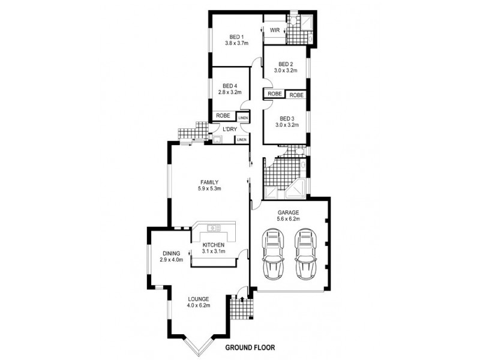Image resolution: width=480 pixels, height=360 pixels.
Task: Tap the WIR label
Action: point(275,31)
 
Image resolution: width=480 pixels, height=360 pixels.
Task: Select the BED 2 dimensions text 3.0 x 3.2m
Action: point(286,70)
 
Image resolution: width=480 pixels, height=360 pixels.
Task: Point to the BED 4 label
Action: point(230,86)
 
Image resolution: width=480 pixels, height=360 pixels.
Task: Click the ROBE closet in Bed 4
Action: point(224,116)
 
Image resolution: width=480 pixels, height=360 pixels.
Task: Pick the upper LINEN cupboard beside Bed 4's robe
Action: point(243,118)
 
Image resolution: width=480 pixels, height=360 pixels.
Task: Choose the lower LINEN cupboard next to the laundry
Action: point(242,140)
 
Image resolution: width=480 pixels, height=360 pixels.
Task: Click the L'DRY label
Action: point(230,129)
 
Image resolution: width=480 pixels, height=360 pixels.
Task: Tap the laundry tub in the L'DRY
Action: point(218,139)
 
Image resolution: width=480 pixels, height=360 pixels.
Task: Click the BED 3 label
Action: point(287,118)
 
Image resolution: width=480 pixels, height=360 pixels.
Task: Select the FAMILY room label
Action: point(209,182)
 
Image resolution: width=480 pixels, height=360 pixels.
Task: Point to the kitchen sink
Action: point(214,228)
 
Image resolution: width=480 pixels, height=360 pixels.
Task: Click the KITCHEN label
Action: point(214,245)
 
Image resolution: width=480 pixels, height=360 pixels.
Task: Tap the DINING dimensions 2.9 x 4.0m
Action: point(172,260)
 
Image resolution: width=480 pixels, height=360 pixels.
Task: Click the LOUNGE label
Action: point(199,299)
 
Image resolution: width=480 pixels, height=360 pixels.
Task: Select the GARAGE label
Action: point(289,212)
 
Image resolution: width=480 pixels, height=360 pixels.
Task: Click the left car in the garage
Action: point(273,254)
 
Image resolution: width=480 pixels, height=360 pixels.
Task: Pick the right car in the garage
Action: point(306,254)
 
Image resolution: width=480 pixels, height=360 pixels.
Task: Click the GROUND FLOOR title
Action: point(250,347)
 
